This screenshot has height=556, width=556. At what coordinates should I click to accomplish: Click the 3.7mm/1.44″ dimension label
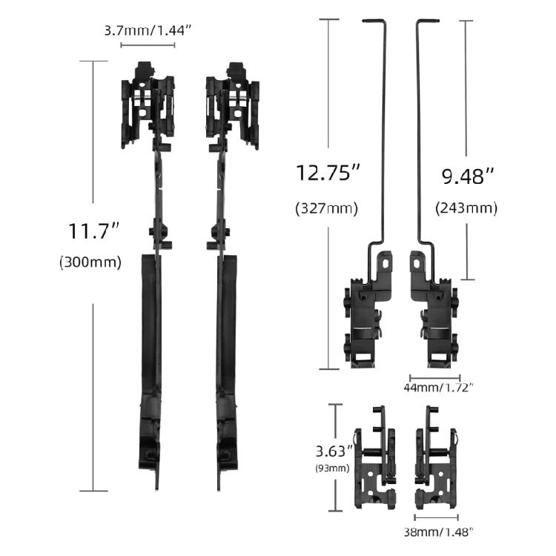(x=148, y=31)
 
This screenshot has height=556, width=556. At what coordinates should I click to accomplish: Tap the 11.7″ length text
(x=94, y=231)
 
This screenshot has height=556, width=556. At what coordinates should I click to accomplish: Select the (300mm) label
(x=90, y=262)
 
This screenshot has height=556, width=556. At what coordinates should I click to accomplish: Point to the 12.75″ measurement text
(x=328, y=173)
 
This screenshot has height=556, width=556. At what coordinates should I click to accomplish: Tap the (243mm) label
(x=466, y=208)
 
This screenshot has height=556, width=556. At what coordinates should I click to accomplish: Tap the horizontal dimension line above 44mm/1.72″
(x=435, y=377)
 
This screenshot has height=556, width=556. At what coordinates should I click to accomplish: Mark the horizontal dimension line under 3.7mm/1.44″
(x=148, y=45)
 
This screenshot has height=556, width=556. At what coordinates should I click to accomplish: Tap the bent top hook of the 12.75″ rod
(x=374, y=22)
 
